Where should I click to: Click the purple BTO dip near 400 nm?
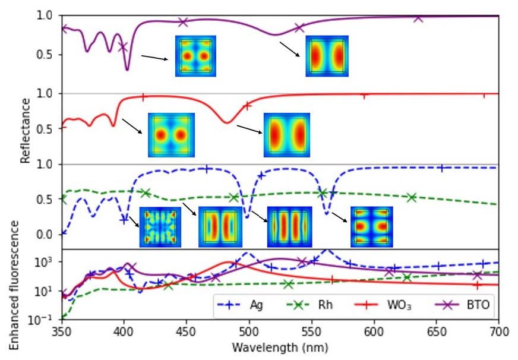(127, 70)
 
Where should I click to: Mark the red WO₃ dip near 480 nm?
(226, 122)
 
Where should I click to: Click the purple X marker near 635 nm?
(418, 18)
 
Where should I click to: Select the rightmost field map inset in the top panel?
(327, 56)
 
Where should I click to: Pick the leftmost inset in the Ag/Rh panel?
(160, 226)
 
